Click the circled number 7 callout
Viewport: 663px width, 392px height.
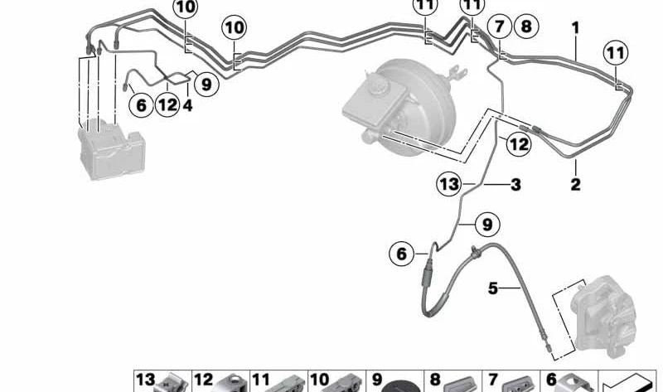(x=500, y=27)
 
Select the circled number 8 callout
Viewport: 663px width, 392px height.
(x=526, y=27)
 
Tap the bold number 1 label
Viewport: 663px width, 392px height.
(x=575, y=28)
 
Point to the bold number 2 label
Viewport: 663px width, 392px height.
(x=575, y=184)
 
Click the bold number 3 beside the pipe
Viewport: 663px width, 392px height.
(x=515, y=185)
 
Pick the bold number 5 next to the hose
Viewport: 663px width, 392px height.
(x=493, y=288)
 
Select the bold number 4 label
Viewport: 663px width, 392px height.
(x=188, y=105)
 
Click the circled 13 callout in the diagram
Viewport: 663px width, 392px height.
(x=449, y=184)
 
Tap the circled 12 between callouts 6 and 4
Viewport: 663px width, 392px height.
(x=167, y=104)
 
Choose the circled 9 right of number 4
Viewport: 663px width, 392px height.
(x=206, y=85)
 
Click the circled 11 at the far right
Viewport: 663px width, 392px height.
(x=616, y=53)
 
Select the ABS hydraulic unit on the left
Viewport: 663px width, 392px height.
(x=112, y=149)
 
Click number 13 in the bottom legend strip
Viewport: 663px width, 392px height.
(x=146, y=380)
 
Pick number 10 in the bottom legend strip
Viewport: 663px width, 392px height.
(x=320, y=380)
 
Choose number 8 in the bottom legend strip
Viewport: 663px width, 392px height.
(x=435, y=380)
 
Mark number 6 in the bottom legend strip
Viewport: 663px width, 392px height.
(x=551, y=380)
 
